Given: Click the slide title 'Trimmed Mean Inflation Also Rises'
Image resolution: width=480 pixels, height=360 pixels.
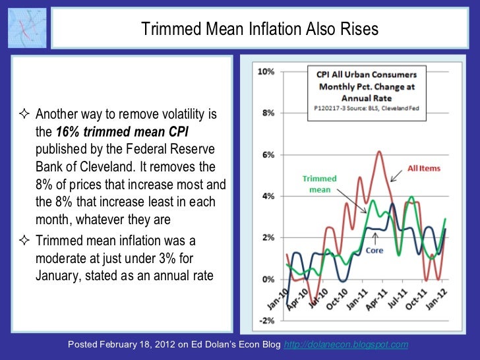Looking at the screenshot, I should pyautogui.click(x=260, y=29).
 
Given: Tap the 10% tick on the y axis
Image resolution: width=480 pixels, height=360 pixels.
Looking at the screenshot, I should pyautogui.click(x=266, y=72).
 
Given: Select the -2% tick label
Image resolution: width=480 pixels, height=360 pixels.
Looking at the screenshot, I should pyautogui.click(x=266, y=320).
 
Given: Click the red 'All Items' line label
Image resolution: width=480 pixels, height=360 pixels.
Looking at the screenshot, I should pyautogui.click(x=424, y=169).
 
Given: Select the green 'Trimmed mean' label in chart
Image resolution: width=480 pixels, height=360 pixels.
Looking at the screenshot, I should pyautogui.click(x=319, y=184).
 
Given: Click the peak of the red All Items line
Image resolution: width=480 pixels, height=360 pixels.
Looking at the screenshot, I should pyautogui.click(x=379, y=152).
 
